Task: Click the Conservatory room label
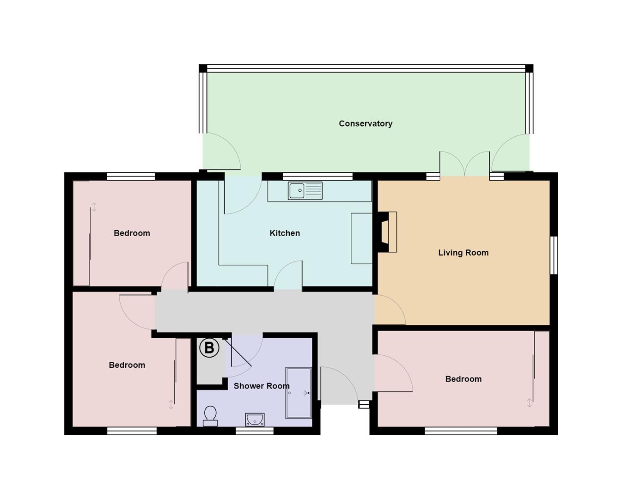pos(365,123)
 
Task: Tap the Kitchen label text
pos(285,233)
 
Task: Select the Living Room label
pos(463,253)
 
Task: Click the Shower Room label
pos(261,386)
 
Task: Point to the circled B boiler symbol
pos(209,347)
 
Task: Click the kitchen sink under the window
pos(305,190)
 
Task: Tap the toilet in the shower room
pos(210,415)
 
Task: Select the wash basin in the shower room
pos(255,419)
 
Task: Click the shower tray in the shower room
pos(299,393)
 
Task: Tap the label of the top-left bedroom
pos(132,233)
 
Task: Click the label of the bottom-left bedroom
pos(127,365)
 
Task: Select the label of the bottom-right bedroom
pos(463,379)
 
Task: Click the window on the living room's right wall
pos(553,255)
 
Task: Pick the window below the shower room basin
pos(254,431)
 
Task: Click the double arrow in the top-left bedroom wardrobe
pos(94,207)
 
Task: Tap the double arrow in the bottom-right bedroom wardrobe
pos(530,402)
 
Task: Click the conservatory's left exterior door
pos(222,152)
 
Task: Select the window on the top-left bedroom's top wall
pos(131,176)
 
